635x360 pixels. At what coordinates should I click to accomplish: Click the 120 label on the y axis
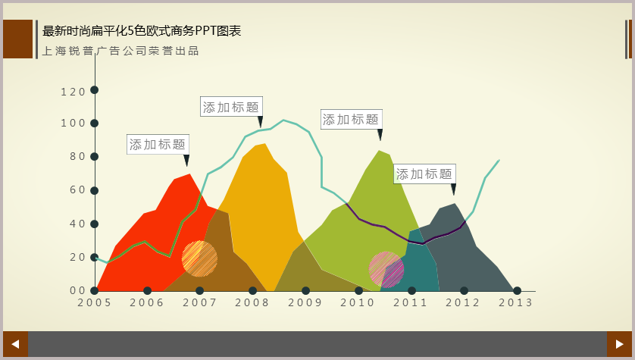click(x=73, y=92)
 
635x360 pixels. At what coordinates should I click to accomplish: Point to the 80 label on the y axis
click(x=77, y=156)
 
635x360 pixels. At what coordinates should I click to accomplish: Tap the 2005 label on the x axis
click(x=95, y=303)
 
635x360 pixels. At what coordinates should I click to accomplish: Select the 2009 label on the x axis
click(x=305, y=303)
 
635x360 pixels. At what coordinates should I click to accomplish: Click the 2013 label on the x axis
click(x=515, y=303)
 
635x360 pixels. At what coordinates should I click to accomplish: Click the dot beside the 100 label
click(x=95, y=123)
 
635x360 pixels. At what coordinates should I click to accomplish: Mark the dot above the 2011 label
click(x=411, y=291)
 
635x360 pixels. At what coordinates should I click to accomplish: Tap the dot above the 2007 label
click(x=199, y=291)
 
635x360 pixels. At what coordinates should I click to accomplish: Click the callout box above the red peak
click(x=158, y=144)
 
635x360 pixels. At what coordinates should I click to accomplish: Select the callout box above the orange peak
click(x=231, y=107)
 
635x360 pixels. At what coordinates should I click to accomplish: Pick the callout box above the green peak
click(x=351, y=120)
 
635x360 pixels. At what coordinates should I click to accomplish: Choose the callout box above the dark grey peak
click(x=424, y=174)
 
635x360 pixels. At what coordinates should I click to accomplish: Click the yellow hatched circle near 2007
click(x=199, y=258)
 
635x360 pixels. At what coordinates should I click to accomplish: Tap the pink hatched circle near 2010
click(x=386, y=269)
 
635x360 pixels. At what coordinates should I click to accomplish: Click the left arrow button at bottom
click(x=15, y=344)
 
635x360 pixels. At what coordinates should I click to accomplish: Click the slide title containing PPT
click(x=142, y=31)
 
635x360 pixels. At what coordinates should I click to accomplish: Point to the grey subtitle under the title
click(x=120, y=51)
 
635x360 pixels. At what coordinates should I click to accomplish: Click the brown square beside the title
click(x=18, y=39)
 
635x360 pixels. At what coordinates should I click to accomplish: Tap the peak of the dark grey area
click(x=455, y=204)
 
